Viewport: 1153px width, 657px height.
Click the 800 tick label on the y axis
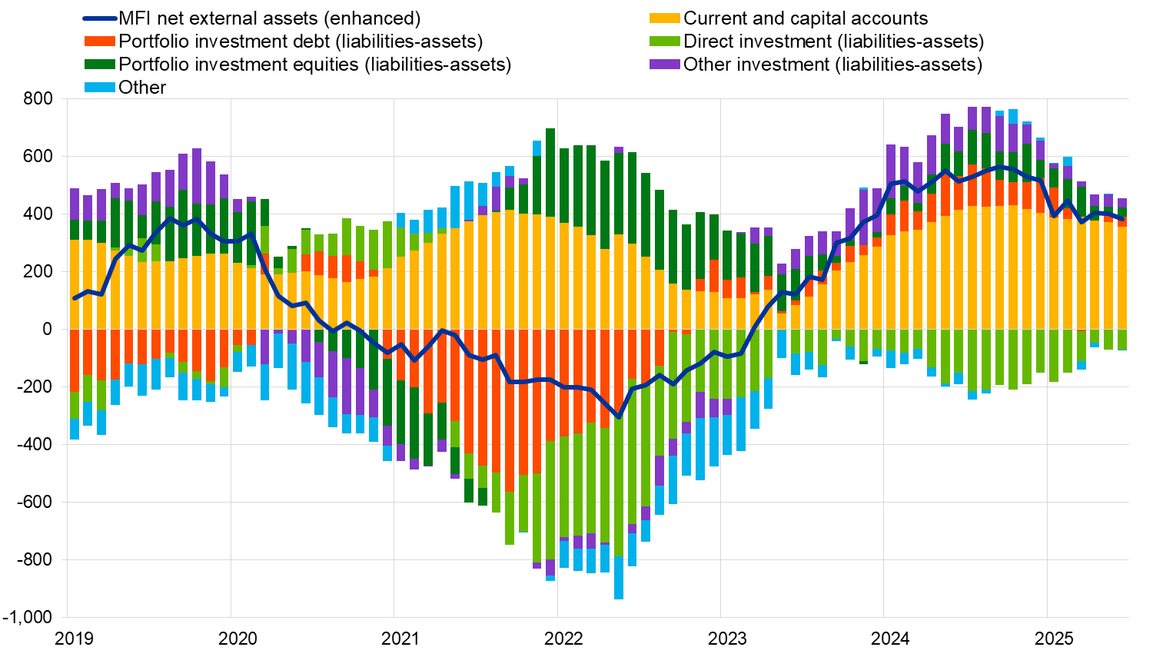38,99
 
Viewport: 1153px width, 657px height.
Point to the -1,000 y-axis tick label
27,617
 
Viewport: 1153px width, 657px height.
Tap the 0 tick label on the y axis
47,330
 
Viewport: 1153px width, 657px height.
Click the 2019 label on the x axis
75,639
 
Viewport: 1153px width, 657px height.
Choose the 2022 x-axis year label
563,639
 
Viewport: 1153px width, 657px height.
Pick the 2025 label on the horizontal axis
1053,639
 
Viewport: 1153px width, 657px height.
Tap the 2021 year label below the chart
400,639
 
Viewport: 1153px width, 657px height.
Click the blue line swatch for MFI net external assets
99,18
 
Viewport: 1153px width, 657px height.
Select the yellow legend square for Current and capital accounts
665,18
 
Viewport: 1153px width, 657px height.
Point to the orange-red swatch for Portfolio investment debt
99,41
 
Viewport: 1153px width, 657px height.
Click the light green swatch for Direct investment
665,41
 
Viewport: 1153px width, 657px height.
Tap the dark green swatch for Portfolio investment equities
99,65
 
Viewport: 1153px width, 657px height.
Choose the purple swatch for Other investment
665,65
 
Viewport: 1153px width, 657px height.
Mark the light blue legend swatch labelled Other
99,88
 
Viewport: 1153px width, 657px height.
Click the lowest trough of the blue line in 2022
619,417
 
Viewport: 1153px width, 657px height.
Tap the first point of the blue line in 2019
75,298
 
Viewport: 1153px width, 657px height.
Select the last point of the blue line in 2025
1122,219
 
